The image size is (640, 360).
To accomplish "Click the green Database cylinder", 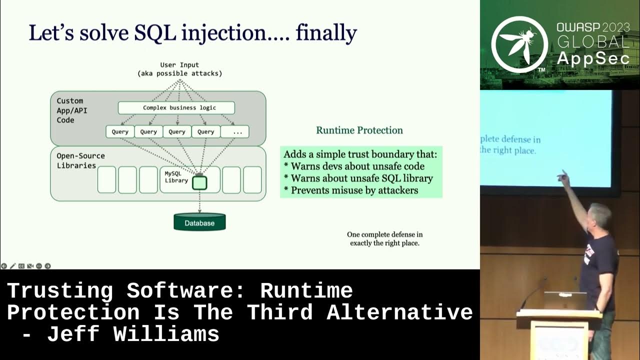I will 199,222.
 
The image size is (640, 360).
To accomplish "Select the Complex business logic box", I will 176,107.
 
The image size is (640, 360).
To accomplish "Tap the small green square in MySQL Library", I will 199,182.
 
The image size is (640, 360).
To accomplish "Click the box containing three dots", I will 235,132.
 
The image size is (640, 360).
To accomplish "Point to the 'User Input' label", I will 179,65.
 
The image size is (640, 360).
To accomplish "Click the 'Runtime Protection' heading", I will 359,130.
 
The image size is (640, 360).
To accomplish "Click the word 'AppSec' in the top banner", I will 593,58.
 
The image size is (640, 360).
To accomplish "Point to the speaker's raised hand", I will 563,175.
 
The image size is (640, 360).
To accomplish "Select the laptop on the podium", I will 565,300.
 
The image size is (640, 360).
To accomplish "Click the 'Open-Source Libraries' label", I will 76,160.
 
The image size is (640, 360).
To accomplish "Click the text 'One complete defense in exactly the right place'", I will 384,238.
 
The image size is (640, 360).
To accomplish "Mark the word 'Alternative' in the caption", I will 399,312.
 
